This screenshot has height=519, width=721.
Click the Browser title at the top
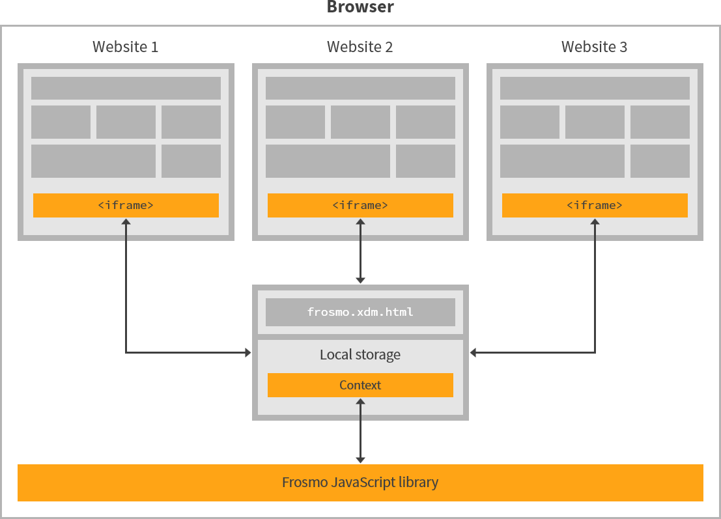pyautogui.click(x=360, y=8)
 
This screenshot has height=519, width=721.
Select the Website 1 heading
pyautogui.click(x=125, y=47)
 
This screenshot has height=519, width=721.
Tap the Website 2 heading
pyautogui.click(x=360, y=47)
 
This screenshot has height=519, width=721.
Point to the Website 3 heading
pyautogui.click(x=595, y=47)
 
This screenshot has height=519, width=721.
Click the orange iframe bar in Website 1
pyautogui.click(x=126, y=205)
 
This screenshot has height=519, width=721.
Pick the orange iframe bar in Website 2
pyautogui.click(x=360, y=205)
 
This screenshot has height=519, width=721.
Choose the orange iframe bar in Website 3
pyautogui.click(x=595, y=205)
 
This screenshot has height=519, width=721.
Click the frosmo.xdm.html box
pyautogui.click(x=360, y=312)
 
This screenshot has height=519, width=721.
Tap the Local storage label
pyautogui.click(x=360, y=355)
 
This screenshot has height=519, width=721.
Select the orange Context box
pyautogui.click(x=360, y=385)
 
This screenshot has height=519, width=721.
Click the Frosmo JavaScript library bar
pyautogui.click(x=360, y=483)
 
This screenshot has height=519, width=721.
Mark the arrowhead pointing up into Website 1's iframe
pyautogui.click(x=126, y=223)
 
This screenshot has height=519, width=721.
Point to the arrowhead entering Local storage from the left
pyautogui.click(x=247, y=353)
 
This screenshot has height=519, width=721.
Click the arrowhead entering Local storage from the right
pyautogui.click(x=474, y=353)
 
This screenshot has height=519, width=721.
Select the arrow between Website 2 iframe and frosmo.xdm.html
pyautogui.click(x=360, y=251)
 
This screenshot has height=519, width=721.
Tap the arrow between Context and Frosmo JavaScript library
pyautogui.click(x=360, y=430)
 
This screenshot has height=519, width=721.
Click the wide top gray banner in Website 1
pyautogui.click(x=126, y=88)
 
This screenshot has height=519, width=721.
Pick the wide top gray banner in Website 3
pyautogui.click(x=595, y=88)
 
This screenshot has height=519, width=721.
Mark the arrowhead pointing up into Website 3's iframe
pyautogui.click(x=595, y=223)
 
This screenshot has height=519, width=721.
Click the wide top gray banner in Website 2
pyautogui.click(x=360, y=88)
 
